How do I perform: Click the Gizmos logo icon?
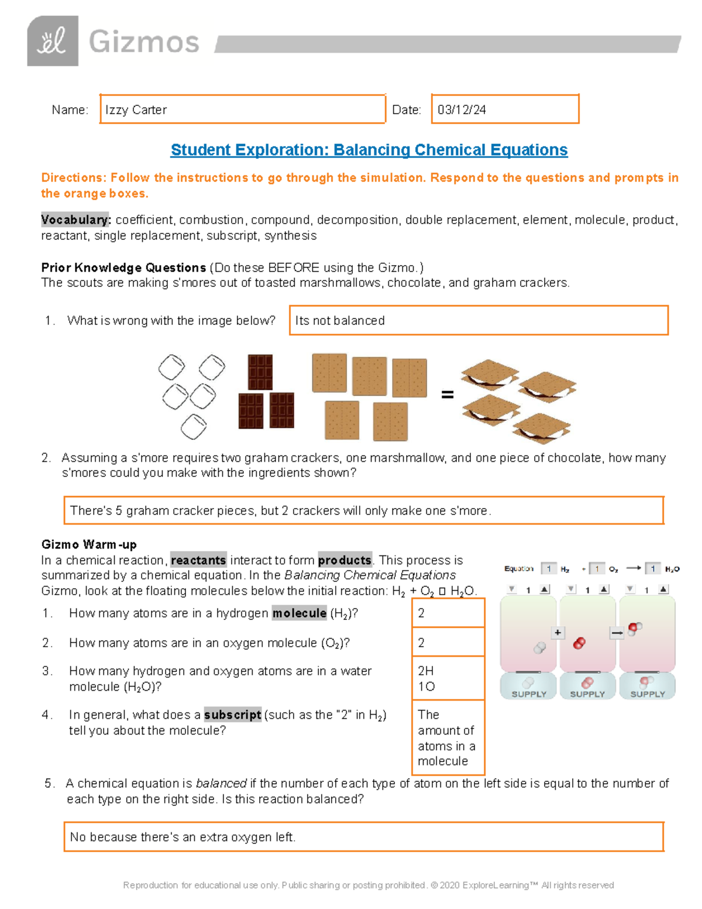[x=53, y=41]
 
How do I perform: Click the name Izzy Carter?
[x=136, y=110]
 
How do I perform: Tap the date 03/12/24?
[x=462, y=110]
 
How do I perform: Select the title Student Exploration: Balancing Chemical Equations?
[x=369, y=150]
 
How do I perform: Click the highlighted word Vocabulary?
[x=76, y=220]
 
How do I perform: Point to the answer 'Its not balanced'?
[x=340, y=321]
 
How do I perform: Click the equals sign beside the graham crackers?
[x=448, y=395]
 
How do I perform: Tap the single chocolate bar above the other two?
[x=260, y=372]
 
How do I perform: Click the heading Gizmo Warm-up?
[x=88, y=544]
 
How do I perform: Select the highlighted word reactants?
[x=198, y=560]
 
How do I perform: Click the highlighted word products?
[x=345, y=560]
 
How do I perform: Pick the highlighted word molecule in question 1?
[x=299, y=613]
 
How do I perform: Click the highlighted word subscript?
[x=232, y=715]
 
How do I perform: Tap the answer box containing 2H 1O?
[x=448, y=678]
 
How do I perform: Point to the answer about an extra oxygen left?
[x=183, y=837]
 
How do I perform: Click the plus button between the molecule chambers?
[x=558, y=633]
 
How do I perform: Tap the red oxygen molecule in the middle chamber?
[x=579, y=643]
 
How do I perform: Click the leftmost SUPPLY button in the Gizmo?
[x=529, y=687]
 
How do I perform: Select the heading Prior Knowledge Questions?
[x=123, y=267]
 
